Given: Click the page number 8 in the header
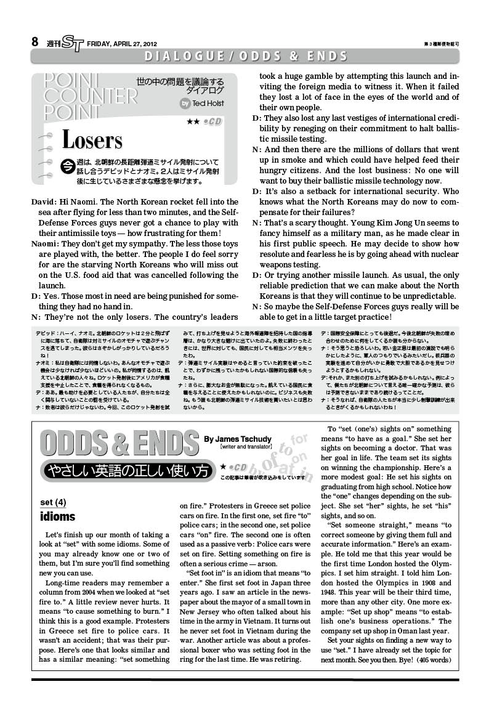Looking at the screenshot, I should pyautogui.click(x=36, y=43).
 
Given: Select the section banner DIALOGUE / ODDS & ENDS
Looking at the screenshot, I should pyautogui.click(x=245, y=57).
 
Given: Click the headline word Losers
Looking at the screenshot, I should pyautogui.click(x=92, y=140).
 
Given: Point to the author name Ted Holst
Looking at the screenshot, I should pyautogui.click(x=209, y=104).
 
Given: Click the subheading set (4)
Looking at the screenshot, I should pyautogui.click(x=53, y=502).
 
